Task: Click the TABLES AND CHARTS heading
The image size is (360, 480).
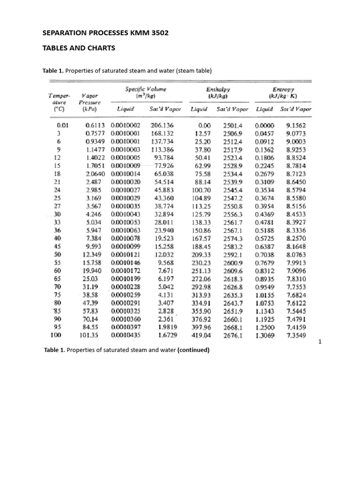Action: pos(79,48)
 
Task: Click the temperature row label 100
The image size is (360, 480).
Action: pos(57,335)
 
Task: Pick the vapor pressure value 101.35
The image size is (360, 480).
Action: pos(96,335)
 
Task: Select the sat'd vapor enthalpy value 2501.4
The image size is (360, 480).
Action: pos(232,126)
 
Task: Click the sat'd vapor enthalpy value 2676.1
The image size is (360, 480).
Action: pos(232,335)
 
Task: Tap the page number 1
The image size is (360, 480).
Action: pos(319,343)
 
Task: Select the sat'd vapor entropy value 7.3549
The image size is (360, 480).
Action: pos(296,335)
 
